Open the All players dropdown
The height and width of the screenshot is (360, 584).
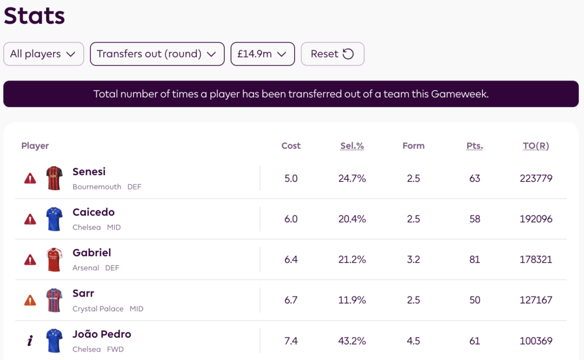[x=43, y=54]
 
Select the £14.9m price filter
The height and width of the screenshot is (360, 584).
[x=262, y=54]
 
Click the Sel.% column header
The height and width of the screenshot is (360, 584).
[x=352, y=146]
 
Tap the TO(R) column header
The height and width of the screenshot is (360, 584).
[x=536, y=146]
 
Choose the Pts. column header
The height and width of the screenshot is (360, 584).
[x=474, y=146]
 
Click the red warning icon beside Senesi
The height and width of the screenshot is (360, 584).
[x=30, y=179]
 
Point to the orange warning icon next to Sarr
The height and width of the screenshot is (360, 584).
[x=30, y=301]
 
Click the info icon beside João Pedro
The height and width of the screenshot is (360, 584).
[x=30, y=341]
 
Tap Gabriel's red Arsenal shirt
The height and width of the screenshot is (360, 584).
[x=54, y=260]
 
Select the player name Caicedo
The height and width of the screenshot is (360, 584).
[x=94, y=212]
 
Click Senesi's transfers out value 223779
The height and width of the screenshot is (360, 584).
[x=536, y=179]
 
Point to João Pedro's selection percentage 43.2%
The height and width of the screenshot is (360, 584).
[x=352, y=341]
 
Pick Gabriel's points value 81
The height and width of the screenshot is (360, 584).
[x=474, y=260]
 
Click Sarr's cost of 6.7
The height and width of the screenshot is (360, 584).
[x=291, y=300]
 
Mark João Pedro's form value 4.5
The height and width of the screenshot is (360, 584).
[x=413, y=341]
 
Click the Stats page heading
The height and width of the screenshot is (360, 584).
[x=34, y=16]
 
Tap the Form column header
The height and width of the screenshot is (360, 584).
[x=413, y=146]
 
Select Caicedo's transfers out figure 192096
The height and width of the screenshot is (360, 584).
[x=536, y=219]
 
